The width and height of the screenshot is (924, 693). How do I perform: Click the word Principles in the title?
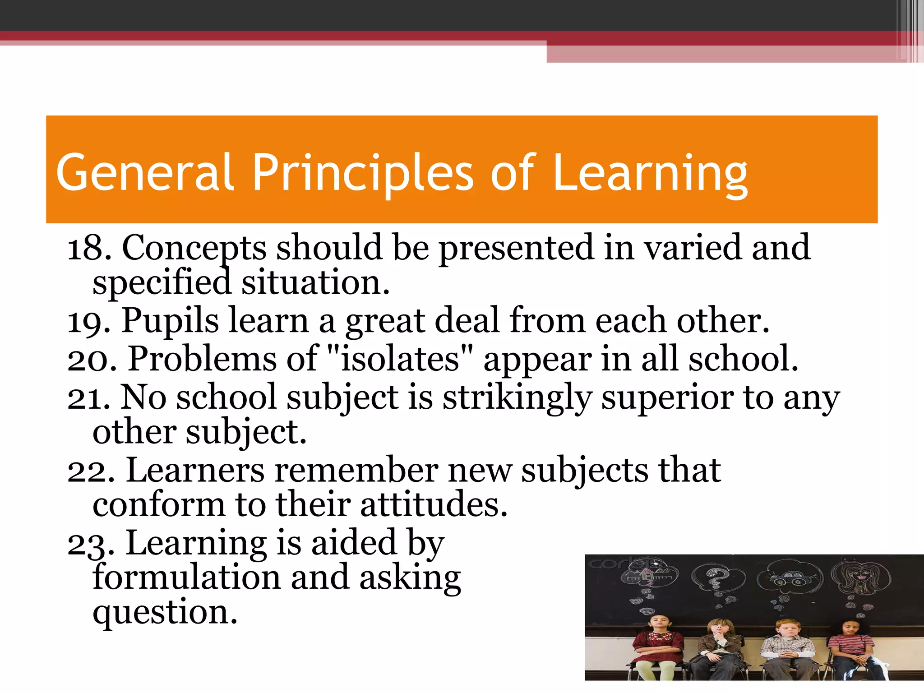click(x=363, y=173)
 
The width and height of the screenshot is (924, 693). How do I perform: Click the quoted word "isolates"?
click(x=400, y=359)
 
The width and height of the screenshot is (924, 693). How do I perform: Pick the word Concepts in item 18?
click(x=194, y=249)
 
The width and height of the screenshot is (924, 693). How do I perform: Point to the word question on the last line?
click(x=165, y=613)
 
